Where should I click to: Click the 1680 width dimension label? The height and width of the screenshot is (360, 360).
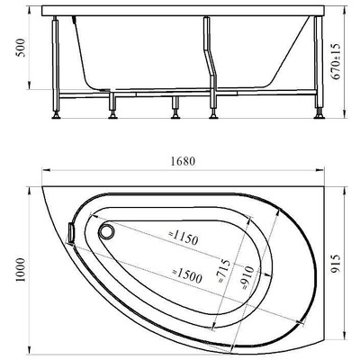tap(183, 161)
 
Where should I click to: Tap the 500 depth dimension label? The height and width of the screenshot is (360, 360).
tap(22, 48)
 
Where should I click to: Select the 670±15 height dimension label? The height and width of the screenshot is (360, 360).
tap(336, 61)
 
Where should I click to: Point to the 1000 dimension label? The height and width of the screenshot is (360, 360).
tap(21, 270)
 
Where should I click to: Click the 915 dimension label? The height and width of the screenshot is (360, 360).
tap(337, 264)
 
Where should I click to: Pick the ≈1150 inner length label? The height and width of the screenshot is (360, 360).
tap(183, 238)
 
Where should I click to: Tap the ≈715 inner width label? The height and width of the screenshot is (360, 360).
tap(224, 271)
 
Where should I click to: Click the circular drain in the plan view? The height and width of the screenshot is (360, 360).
tap(106, 231)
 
